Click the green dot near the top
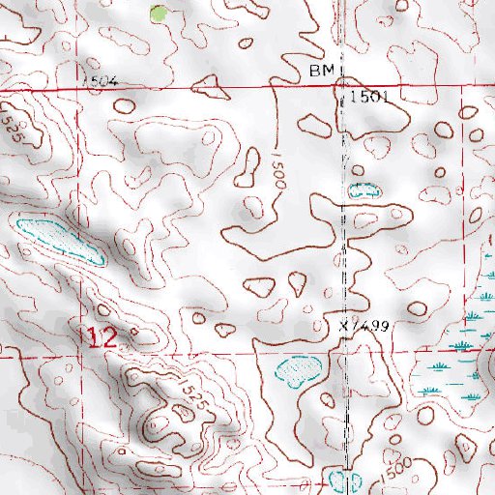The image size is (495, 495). pos(159,14)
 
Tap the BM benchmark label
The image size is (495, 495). pos(320,73)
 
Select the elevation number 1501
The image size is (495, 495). pos(369,98)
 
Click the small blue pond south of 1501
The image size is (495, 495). pos(365,190)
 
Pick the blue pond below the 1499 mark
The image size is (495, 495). pos(297,370)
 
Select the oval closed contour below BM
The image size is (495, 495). pos(314,124)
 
